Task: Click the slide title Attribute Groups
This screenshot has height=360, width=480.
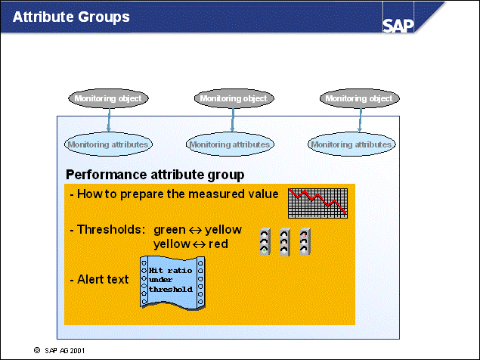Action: pyautogui.click(x=71, y=17)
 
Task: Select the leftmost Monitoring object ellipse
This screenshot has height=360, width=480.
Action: pyautogui.click(x=108, y=98)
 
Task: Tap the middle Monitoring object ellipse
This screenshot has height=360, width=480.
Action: pyautogui.click(x=234, y=98)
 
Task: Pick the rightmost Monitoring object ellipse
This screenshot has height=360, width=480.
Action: pyautogui.click(x=358, y=98)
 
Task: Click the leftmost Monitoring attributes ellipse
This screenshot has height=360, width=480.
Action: pyautogui.click(x=108, y=144)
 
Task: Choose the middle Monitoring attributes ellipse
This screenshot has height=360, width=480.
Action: pyautogui.click(x=229, y=144)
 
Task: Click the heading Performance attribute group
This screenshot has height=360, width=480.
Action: pyautogui.click(x=154, y=175)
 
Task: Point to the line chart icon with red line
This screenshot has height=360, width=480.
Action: pyautogui.click(x=317, y=201)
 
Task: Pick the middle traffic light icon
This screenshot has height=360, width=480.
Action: pyautogui.click(x=285, y=241)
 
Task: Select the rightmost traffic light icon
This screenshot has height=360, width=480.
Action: pyautogui.click(x=305, y=241)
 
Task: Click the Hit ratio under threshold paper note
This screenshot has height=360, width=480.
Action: pyautogui.click(x=172, y=281)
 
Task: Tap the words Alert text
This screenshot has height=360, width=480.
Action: pyautogui.click(x=102, y=279)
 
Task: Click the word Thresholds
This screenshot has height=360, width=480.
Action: pyautogui.click(x=110, y=228)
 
